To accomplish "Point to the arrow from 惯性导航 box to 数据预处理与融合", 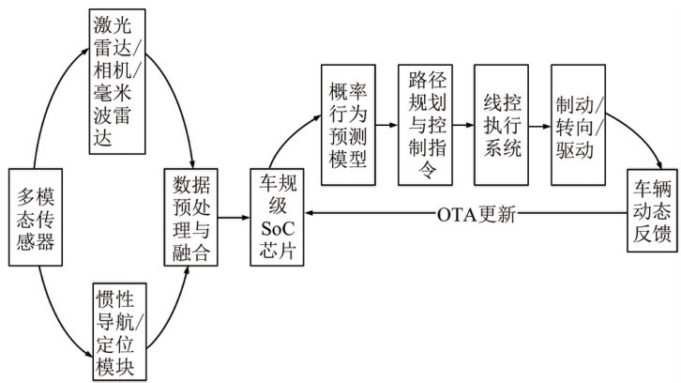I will point(174,310).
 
